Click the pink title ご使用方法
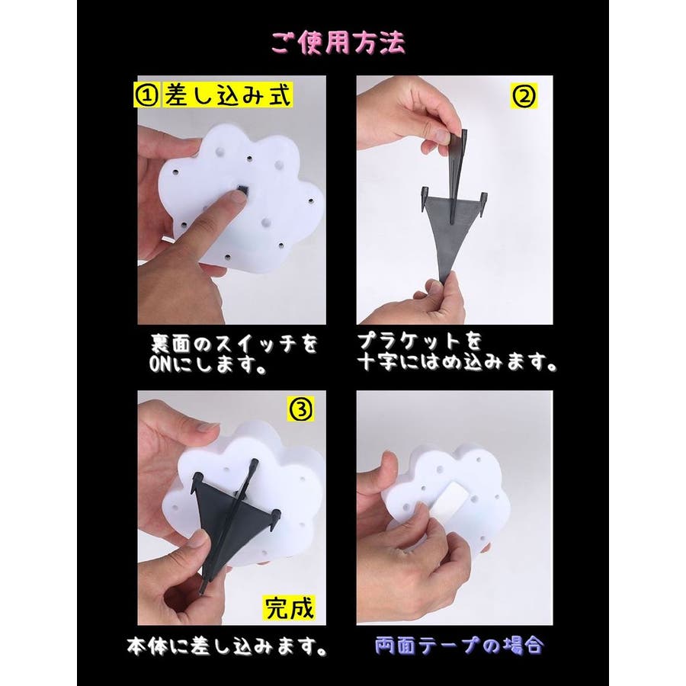tap(338, 43)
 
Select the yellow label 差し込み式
tap(227, 96)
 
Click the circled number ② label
tap(524, 96)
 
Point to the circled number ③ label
tap(301, 410)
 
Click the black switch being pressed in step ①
tap(242, 189)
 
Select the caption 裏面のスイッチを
tap(233, 344)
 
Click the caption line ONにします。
tap(208, 364)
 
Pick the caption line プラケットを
tap(419, 341)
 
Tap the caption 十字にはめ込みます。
tap(457, 362)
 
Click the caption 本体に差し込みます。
tap(227, 646)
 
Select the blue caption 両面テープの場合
tap(460, 646)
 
